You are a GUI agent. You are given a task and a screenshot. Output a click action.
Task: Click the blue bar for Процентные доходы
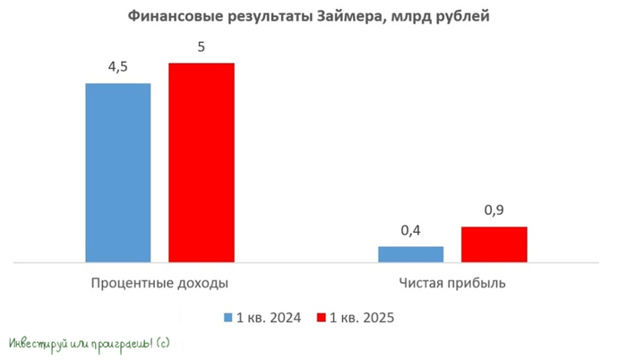tap(118, 173)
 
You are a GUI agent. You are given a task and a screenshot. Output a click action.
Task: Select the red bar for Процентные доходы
tap(201, 163)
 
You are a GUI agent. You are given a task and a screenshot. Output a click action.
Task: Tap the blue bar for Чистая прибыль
tap(411, 254)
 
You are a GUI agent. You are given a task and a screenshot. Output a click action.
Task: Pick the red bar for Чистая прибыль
tap(494, 244)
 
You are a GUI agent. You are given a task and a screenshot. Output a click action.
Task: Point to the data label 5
tap(201, 47)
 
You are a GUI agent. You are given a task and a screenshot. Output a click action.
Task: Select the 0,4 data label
tap(411, 230)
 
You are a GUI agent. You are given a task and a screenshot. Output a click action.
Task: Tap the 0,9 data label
tap(494, 210)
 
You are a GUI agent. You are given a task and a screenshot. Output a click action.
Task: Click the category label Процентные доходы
tap(159, 283)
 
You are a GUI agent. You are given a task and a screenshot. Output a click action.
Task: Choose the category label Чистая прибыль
tap(452, 283)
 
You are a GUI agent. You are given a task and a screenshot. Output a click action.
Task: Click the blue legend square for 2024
tap(228, 318)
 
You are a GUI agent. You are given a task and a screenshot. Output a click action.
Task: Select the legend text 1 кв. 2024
tap(268, 318)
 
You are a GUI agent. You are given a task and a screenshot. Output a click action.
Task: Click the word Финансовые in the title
tap(167, 16)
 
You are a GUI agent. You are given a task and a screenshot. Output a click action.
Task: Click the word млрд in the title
tap(400, 16)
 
